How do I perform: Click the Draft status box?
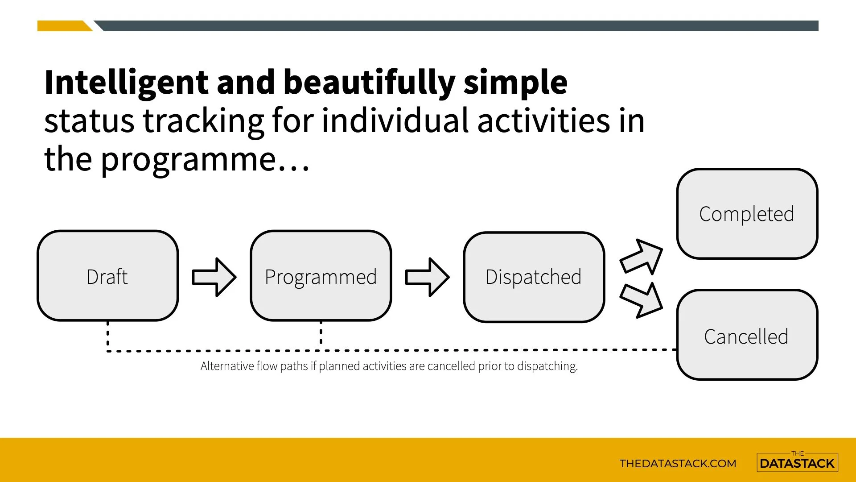click(x=108, y=276)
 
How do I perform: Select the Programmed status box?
click(x=321, y=276)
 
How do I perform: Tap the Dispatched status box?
click(x=534, y=277)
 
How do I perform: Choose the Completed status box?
click(x=747, y=214)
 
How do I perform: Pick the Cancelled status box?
click(x=747, y=335)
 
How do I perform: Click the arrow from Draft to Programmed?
click(x=214, y=277)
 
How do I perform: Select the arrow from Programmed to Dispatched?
click(x=427, y=277)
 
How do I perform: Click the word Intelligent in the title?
click(x=127, y=83)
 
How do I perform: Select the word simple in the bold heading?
click(x=515, y=83)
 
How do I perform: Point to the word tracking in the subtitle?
click(x=203, y=121)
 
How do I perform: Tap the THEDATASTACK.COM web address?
click(x=678, y=463)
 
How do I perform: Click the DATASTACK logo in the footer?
click(x=797, y=462)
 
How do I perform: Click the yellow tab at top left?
click(x=65, y=26)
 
